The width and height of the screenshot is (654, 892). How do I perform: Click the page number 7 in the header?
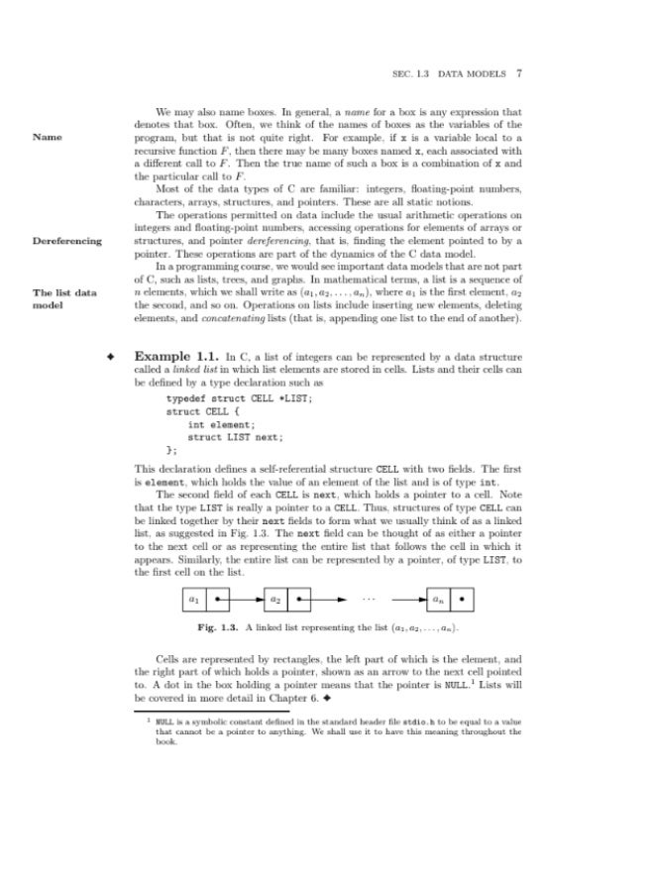(x=519, y=72)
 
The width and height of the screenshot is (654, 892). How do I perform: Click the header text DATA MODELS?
(x=472, y=72)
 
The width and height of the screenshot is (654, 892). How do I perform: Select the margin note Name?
(x=48, y=137)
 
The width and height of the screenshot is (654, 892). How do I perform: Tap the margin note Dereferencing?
(x=67, y=241)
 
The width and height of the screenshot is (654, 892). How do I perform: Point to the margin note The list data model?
(x=62, y=299)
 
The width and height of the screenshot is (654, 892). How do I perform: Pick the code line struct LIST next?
(x=235, y=437)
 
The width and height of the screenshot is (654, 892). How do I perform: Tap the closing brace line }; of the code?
(x=170, y=451)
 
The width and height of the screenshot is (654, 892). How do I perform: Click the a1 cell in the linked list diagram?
(x=193, y=601)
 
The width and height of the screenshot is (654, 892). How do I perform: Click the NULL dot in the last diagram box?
(x=464, y=601)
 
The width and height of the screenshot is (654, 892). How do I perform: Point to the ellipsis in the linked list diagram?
(x=371, y=600)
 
